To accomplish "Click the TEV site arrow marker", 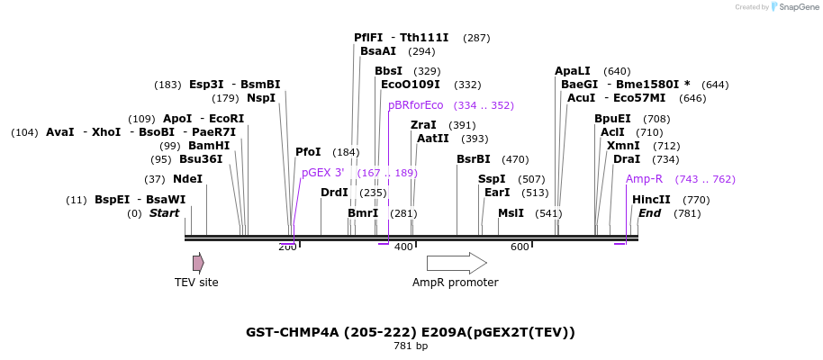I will click(198, 263).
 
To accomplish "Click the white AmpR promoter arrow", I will click(456, 263).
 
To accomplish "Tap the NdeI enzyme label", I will click(187, 179).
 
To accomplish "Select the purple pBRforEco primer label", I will click(416, 105).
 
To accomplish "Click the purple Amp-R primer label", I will click(644, 179).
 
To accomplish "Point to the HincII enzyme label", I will click(651, 200).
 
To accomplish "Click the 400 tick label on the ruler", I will click(403, 247).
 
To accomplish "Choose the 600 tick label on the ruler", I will click(520, 247).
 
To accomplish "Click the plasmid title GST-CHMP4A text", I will click(411, 332).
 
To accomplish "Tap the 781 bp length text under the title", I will click(411, 346).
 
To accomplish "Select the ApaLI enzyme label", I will click(573, 71).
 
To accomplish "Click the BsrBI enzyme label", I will click(473, 159).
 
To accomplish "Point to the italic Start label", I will click(165, 213).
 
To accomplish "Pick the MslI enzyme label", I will click(511, 213).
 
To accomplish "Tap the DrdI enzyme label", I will click(334, 193).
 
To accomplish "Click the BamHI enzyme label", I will click(209, 146).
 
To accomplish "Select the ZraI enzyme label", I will click(423, 125).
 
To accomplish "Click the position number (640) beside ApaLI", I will click(617, 71).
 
